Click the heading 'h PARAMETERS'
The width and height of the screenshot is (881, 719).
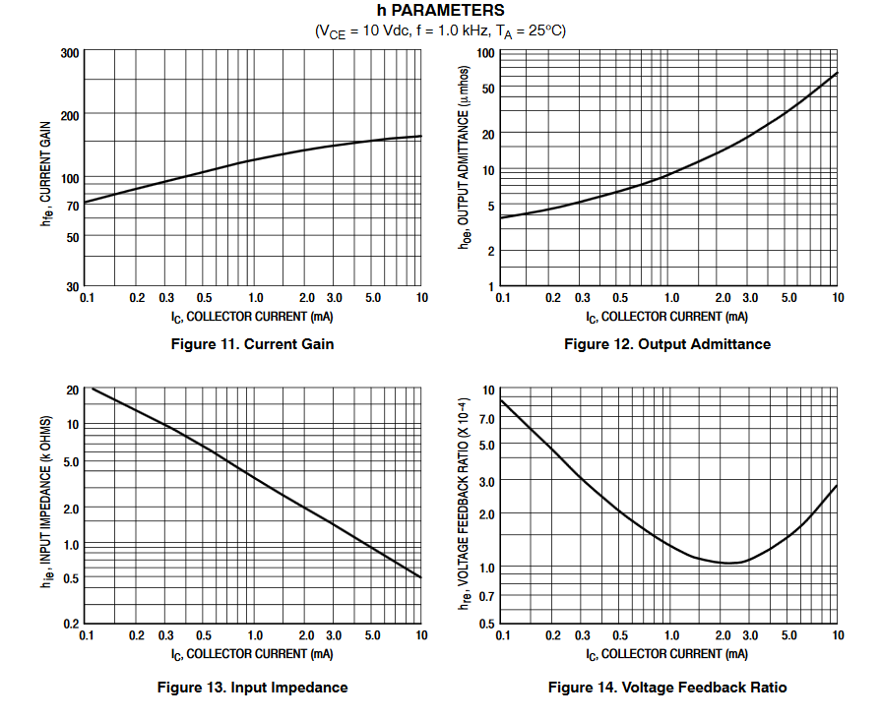pyautogui.click(x=440, y=11)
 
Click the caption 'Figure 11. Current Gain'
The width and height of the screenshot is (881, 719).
pyautogui.click(x=253, y=344)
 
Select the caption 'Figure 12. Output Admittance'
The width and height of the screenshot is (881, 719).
pyautogui.click(x=667, y=344)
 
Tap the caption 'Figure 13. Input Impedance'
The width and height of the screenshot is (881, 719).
pyautogui.click(x=253, y=688)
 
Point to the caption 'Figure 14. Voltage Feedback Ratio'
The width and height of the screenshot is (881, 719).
pyautogui.click(x=667, y=688)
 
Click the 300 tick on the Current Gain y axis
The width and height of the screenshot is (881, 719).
pyautogui.click(x=69, y=52)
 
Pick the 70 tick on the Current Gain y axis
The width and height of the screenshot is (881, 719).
pyautogui.click(x=72, y=207)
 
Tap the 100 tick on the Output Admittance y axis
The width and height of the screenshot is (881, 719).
pyautogui.click(x=485, y=52)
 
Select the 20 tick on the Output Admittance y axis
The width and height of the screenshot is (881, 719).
pyautogui.click(x=488, y=134)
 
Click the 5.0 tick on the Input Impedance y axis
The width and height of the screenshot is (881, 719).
pyautogui.click(x=70, y=462)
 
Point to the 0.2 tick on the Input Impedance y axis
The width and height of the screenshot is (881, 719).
pyautogui.click(x=70, y=624)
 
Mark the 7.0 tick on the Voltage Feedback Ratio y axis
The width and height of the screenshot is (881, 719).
pyautogui.click(x=486, y=419)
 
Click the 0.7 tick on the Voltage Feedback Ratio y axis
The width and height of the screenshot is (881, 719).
pyautogui.click(x=486, y=596)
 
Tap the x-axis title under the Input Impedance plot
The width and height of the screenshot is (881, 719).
pyautogui.click(x=253, y=654)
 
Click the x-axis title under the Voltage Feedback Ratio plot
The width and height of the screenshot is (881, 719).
pyautogui.click(x=667, y=654)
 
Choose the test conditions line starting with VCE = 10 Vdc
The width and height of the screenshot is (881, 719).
pyautogui.click(x=440, y=30)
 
